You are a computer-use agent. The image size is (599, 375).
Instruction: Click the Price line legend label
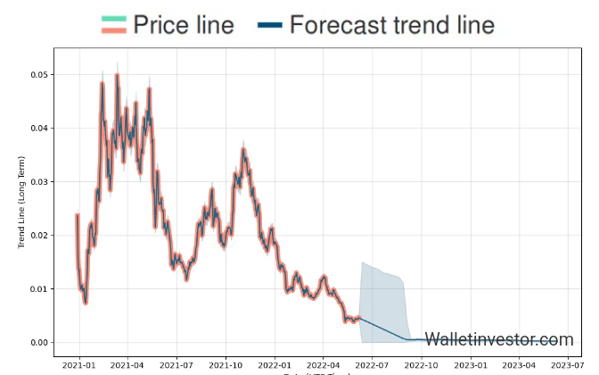(183, 25)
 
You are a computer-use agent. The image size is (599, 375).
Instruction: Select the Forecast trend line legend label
(392, 25)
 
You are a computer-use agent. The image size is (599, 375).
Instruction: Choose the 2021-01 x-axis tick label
(78, 364)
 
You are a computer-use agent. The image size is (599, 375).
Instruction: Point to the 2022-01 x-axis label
(275, 364)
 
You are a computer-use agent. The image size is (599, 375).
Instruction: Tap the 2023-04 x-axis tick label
(519, 364)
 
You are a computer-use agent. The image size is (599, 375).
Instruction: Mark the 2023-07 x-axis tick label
(568, 364)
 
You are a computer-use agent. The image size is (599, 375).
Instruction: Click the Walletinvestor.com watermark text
(498, 339)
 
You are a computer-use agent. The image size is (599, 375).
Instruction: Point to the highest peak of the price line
(117, 75)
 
